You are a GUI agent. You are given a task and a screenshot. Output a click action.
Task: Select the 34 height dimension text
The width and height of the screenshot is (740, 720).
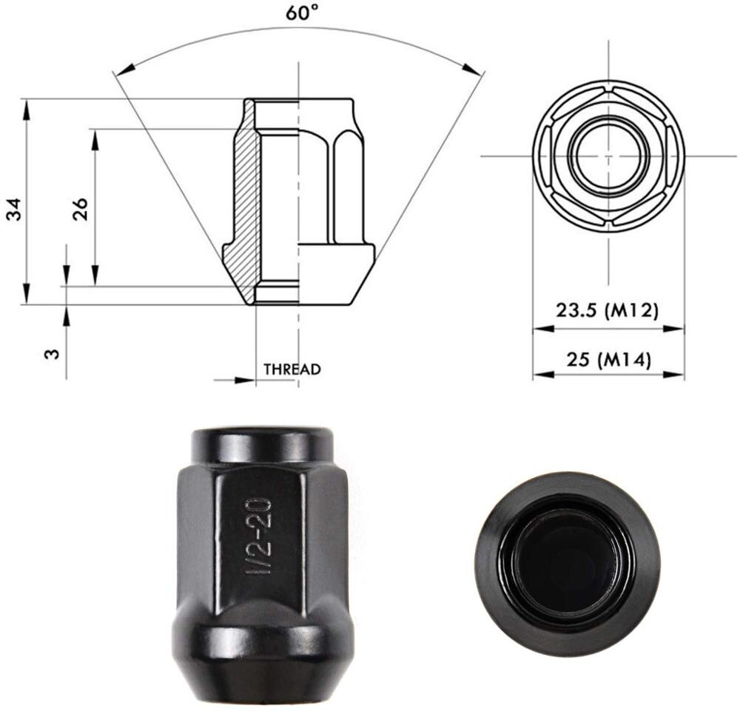(14, 209)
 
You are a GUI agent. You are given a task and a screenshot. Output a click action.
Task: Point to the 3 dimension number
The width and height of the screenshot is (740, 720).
(52, 353)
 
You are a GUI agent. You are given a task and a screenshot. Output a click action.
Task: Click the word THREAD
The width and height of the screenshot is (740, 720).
(292, 369)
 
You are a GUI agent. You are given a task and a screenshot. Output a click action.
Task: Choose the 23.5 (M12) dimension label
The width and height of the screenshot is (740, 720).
(607, 310)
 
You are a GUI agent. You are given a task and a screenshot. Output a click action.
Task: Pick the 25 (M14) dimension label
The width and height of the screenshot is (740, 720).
(607, 360)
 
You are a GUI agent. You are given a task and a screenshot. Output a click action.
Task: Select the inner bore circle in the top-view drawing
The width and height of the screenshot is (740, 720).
(608, 156)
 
